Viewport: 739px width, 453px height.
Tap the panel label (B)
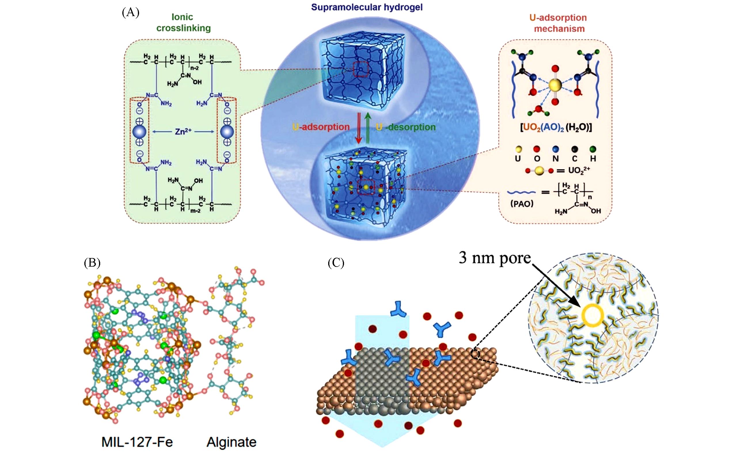tap(92, 263)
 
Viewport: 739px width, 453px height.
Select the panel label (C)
tap(336, 263)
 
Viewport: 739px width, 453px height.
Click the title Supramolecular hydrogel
tap(366, 7)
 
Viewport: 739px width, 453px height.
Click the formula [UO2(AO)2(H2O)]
tap(556, 128)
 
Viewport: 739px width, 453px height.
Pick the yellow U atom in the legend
tap(518, 149)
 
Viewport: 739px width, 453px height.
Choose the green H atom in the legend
tap(593, 149)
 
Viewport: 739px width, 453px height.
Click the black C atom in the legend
tap(574, 149)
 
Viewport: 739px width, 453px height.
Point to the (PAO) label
tap(522, 204)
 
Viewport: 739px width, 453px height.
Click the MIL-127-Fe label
tap(137, 442)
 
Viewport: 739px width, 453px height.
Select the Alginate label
tap(231, 442)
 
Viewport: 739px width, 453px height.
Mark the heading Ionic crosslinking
tap(183, 22)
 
